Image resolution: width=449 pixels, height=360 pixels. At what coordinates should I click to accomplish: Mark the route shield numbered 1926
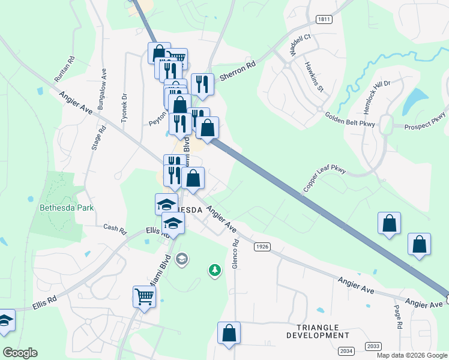pyautogui.click(x=261, y=247)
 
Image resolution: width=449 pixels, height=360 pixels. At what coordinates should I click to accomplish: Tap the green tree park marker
pyautogui.click(x=214, y=271)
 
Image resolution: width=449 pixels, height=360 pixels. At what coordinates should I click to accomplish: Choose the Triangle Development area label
pyautogui.click(x=318, y=331)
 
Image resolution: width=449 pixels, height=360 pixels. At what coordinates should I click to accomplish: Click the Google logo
pyautogui.click(x=20, y=353)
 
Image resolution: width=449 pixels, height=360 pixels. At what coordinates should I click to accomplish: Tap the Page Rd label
pyautogui.click(x=398, y=317)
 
